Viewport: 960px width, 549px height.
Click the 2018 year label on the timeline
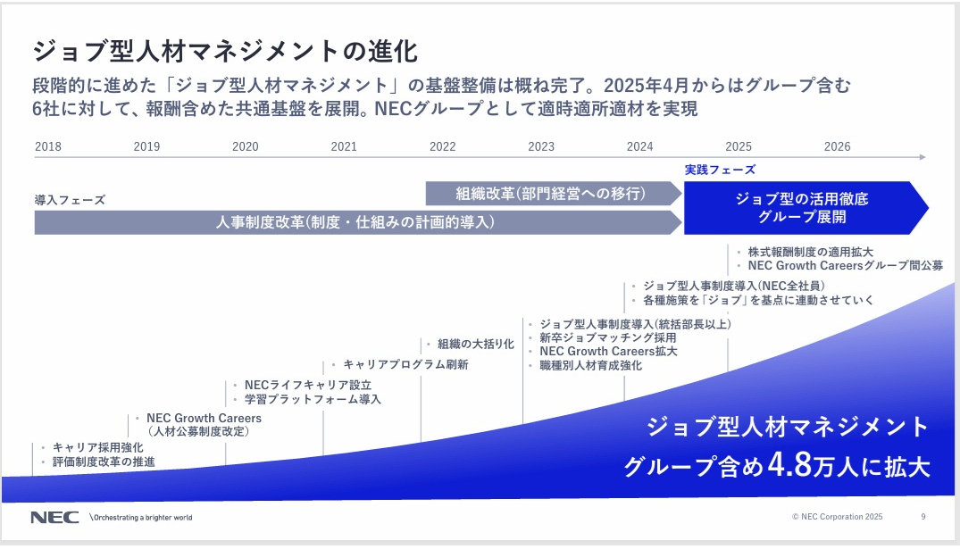[x=48, y=146]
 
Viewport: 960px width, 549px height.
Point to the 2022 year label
[x=442, y=146]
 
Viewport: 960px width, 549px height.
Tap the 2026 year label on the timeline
[x=837, y=146]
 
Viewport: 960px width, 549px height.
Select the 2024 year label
[x=639, y=146]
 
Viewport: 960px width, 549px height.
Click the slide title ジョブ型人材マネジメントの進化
[x=225, y=50]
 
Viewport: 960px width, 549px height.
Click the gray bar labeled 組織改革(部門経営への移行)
[x=550, y=193]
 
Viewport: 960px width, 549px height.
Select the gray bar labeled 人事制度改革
[x=355, y=222]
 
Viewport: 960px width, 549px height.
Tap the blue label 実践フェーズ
[x=720, y=170]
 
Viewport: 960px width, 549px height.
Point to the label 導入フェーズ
[x=70, y=200]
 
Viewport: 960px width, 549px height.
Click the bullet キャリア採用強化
[x=97, y=446]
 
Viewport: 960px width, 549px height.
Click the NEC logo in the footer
[x=54, y=517]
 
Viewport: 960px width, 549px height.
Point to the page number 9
[x=923, y=516]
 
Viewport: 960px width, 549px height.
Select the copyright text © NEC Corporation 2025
[x=837, y=516]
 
